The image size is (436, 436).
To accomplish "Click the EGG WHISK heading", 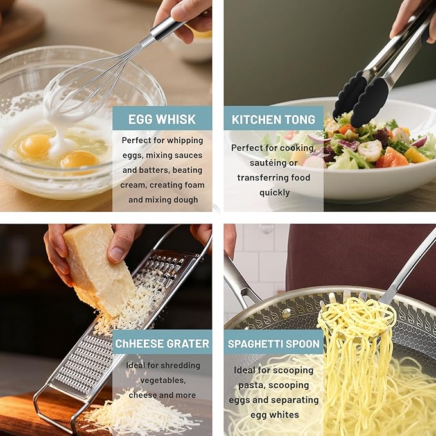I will point(162,119).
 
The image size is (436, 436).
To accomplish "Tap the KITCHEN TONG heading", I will point(274,119).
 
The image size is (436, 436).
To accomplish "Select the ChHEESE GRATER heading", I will point(162,344).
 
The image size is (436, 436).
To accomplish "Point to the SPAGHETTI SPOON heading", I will point(274,344).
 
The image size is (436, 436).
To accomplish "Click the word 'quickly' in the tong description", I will point(274,193).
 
